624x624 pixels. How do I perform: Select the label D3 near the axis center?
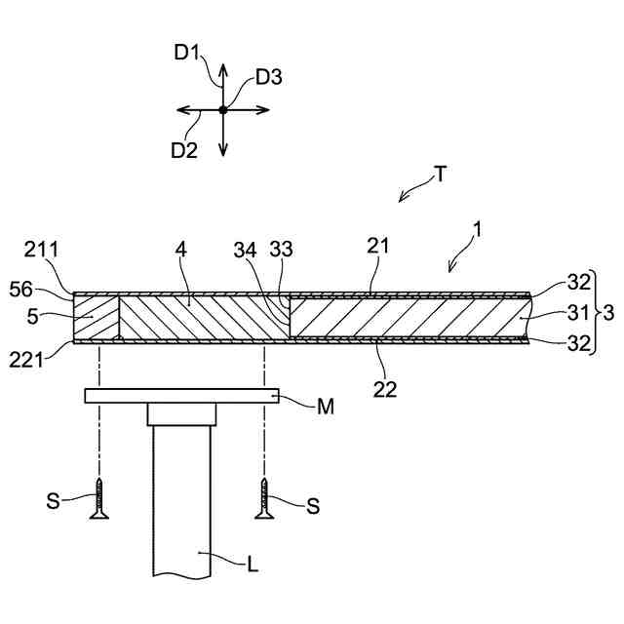(269, 77)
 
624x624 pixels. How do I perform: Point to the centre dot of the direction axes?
(223, 110)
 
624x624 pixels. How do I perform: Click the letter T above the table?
(441, 175)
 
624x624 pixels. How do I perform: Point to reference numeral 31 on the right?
(552, 314)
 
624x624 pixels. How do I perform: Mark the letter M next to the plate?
(325, 406)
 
